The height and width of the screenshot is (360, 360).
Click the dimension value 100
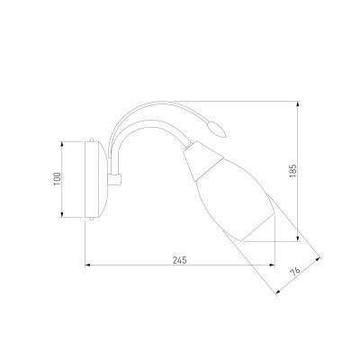[x=57, y=179]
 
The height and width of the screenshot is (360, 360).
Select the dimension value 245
[x=179, y=260]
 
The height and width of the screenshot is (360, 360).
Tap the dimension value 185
[x=292, y=171]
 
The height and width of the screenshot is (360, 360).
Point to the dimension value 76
[x=295, y=271]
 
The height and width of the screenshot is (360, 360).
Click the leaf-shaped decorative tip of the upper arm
[x=218, y=129]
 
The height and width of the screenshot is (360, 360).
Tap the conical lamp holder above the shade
[x=202, y=159]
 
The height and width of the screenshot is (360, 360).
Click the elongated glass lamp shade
[x=236, y=200]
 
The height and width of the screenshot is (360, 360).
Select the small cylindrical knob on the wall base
[x=115, y=179]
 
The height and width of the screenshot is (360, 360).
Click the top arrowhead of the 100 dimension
[x=62, y=144]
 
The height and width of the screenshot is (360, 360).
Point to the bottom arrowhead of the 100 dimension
[x=62, y=214]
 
